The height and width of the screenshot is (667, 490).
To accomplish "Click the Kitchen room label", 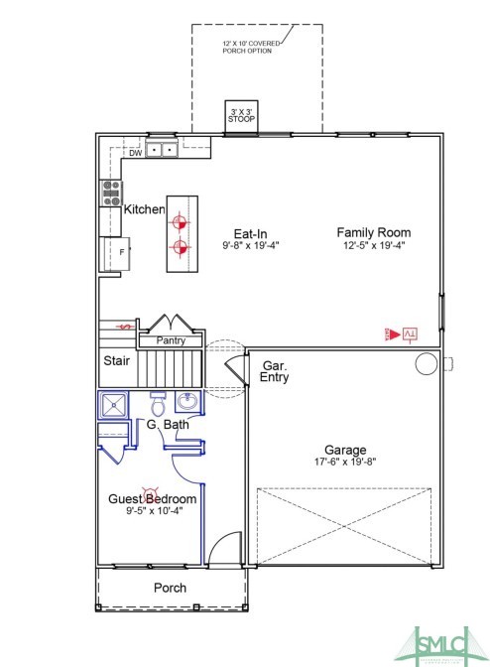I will coord(144,209).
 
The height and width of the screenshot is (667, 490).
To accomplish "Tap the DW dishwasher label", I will coord(135,153).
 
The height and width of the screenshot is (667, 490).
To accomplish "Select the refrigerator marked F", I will coord(118,253).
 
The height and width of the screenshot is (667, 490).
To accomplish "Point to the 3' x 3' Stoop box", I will coord(241,113).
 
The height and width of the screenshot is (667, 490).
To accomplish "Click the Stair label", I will coord(116,361).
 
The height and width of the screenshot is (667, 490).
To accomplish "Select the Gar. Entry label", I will coord(274,372).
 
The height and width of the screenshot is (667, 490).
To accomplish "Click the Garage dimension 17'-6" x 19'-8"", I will coord(346,462).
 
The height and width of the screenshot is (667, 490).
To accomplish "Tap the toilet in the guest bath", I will coord(157,405).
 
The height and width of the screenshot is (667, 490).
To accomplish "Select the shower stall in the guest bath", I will coord(113,404).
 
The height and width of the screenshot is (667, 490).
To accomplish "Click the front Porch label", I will coord(170,588).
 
